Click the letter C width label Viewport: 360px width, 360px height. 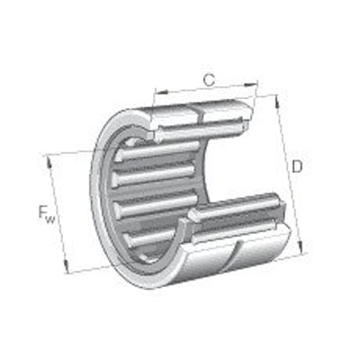click(209, 80)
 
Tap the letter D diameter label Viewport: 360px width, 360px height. click(297, 167)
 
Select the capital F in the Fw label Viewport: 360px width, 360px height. click(42, 212)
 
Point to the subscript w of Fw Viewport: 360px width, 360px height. click(53, 217)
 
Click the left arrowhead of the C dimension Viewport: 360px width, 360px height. click(157, 93)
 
